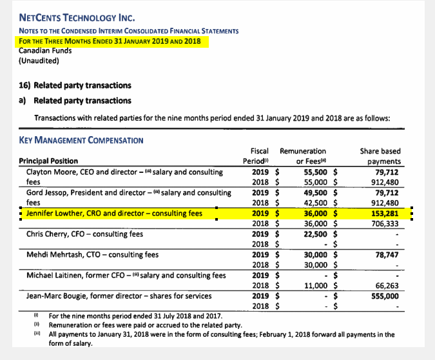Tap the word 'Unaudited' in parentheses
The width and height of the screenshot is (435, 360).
39,61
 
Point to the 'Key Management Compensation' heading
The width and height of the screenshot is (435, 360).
81,140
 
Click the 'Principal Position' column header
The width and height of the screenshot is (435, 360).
48,161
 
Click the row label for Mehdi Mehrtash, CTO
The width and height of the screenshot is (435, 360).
92,254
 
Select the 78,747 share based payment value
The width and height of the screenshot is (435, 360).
386,254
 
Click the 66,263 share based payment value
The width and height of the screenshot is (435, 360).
386,285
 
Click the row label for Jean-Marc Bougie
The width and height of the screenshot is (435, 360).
117,295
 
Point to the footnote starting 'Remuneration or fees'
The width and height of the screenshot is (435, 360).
146,325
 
